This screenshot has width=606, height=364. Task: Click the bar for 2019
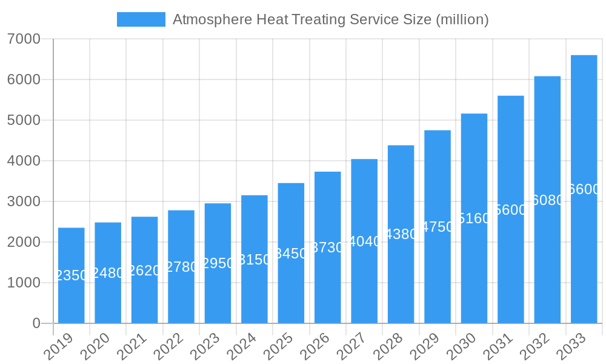coord(72,275)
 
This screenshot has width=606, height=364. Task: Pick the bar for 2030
coord(474,218)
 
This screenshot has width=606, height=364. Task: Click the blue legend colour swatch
coord(141,19)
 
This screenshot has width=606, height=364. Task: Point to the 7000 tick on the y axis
coord(24,39)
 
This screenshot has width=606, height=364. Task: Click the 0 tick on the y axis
coord(36,323)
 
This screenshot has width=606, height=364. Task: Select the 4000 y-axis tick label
coord(24,161)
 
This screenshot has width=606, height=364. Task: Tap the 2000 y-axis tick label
coord(24,242)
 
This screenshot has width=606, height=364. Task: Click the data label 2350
coord(72,275)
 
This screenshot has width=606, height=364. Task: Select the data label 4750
coord(438,227)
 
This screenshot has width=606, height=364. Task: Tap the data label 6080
coord(547,200)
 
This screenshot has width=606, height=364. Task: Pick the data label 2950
coord(218,263)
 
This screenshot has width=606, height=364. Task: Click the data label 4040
coord(364,241)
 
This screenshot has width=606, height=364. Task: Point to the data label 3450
coord(291,254)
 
